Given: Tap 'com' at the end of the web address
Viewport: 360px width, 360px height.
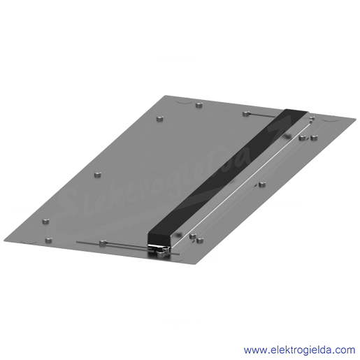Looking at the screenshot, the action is click(x=346, y=350).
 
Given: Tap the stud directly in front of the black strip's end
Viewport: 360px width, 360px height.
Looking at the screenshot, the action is click(x=161, y=254).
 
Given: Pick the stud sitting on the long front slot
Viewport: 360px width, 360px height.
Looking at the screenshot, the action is click(x=103, y=243).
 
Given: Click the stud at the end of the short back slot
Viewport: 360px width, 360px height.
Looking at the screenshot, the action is click(x=246, y=114).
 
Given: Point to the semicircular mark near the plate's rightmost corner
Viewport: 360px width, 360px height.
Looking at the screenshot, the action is click(x=331, y=120).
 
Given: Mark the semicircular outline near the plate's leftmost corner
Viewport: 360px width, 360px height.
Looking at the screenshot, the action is click(x=29, y=240).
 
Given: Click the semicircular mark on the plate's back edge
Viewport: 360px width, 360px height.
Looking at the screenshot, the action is click(x=184, y=101).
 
